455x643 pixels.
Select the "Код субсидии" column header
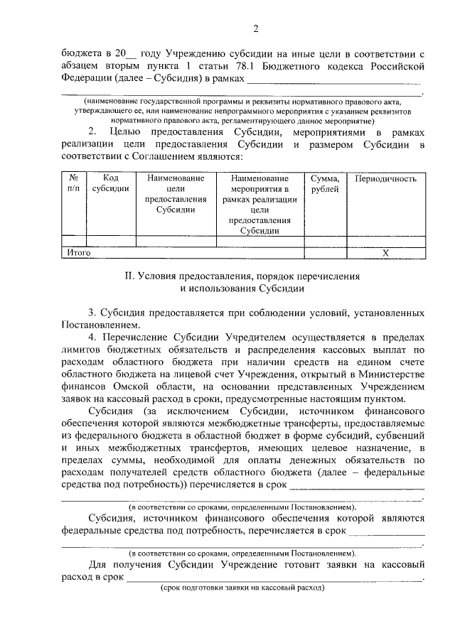110,183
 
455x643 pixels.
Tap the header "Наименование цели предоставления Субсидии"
175,194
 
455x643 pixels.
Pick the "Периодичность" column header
385,178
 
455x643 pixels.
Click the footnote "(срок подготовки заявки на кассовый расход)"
242,589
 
